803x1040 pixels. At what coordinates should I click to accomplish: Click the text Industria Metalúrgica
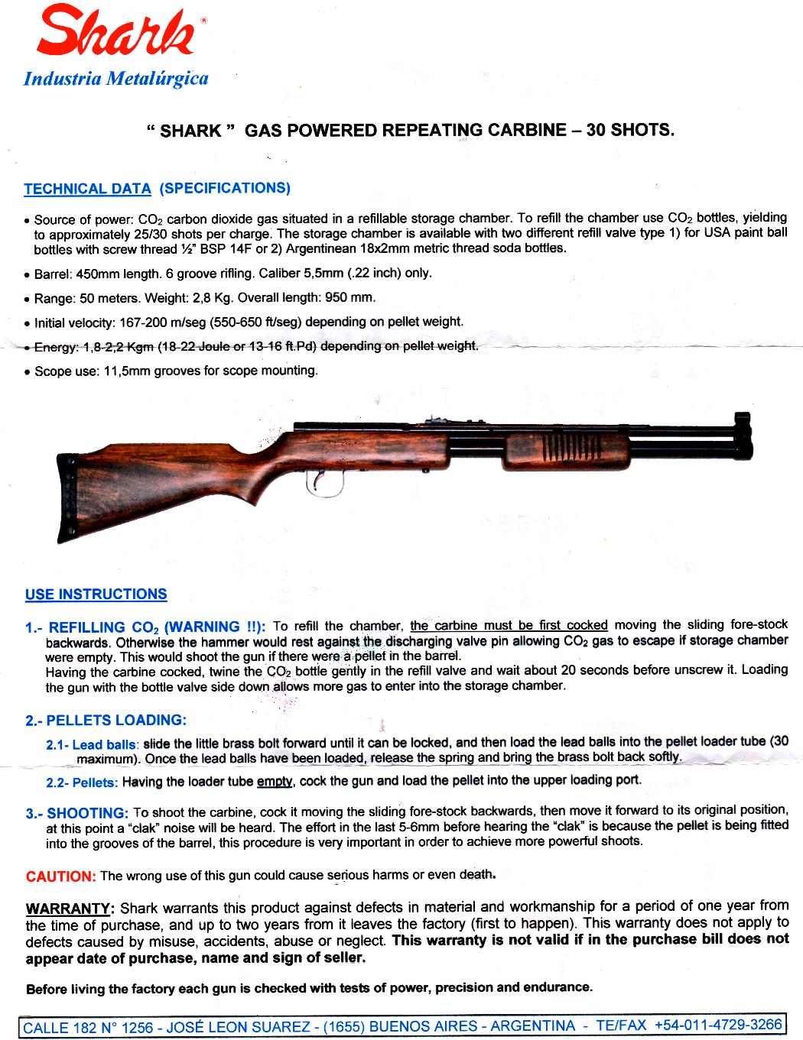(x=116, y=78)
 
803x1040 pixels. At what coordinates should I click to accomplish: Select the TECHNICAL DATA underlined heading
(x=87, y=189)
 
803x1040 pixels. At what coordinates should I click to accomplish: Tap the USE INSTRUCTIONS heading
(x=96, y=595)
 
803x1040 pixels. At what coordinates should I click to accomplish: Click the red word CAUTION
(x=60, y=876)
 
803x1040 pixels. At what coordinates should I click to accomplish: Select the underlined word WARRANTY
(x=69, y=909)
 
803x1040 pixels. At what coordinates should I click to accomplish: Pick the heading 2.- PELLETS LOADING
(x=106, y=721)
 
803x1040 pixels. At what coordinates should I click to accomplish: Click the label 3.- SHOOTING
(x=76, y=813)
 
